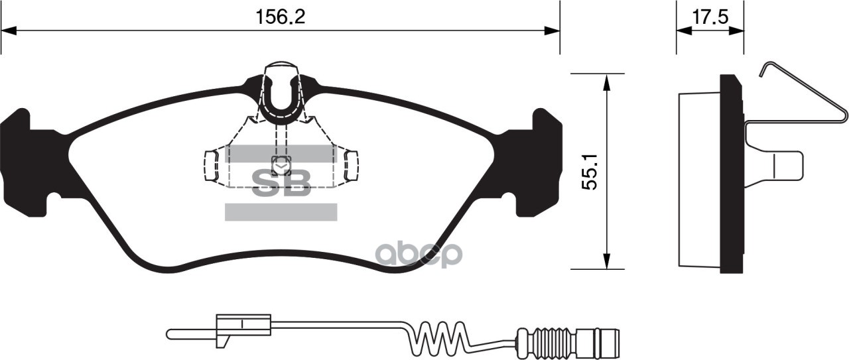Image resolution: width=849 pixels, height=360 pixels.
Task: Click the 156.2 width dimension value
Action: (281, 17)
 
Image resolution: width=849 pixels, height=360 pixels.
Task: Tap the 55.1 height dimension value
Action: (589, 171)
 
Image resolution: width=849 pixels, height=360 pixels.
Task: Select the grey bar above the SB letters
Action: (281, 154)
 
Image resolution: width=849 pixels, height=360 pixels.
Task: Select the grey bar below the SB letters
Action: (281, 212)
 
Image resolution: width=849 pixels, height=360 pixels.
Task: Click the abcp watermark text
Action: (419, 254)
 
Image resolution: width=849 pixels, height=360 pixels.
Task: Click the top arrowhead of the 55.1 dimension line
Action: (606, 81)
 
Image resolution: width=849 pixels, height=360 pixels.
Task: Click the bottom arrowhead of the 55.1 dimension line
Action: (606, 262)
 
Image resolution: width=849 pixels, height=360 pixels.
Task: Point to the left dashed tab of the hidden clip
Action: (210, 165)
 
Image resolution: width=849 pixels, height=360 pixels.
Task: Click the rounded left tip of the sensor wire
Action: (170, 332)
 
